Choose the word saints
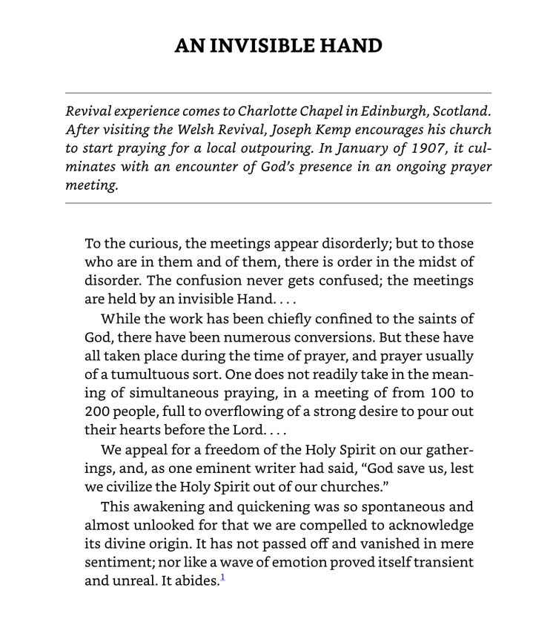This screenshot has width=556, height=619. [x=432, y=320]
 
